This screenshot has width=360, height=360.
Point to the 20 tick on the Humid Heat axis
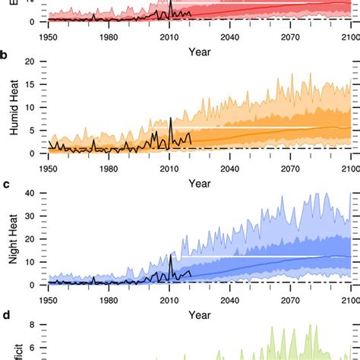pos(30,62)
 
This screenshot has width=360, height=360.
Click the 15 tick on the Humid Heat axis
pos(30,84)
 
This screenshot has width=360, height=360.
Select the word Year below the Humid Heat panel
pos(199,183)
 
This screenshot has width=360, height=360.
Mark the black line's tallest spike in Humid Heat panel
pos(171,118)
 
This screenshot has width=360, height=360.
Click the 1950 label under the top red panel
pos(48,36)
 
